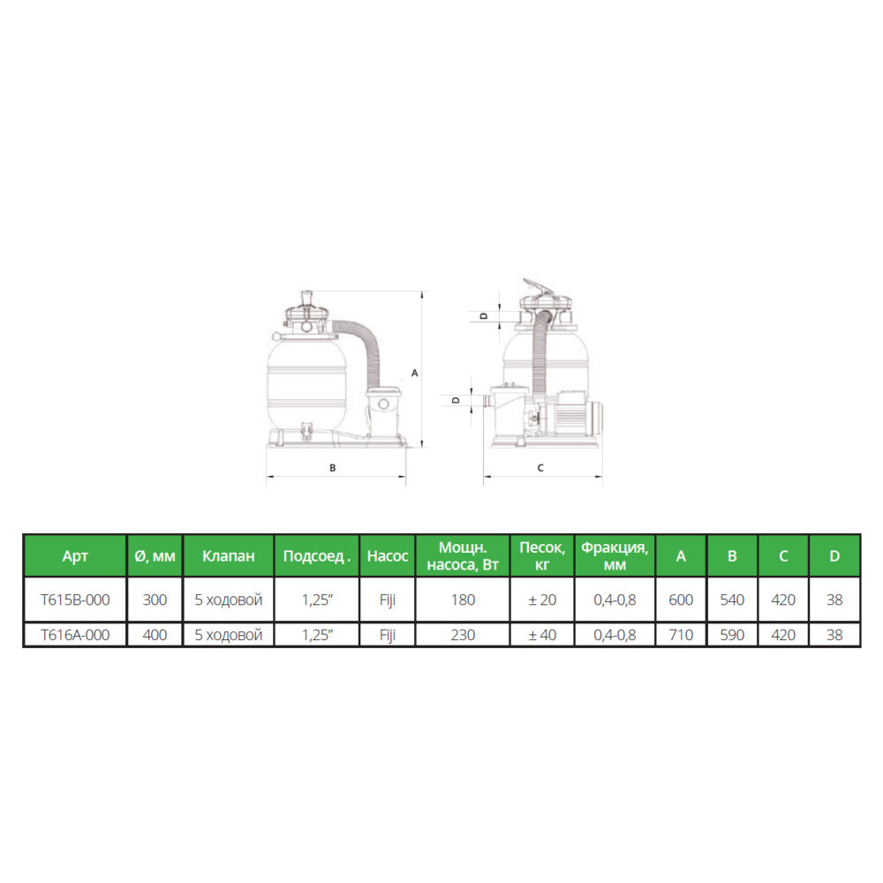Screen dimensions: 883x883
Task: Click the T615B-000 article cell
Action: pos(75,600)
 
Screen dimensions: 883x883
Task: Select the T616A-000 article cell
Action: pos(75,635)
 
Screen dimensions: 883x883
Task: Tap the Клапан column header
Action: pos(229,555)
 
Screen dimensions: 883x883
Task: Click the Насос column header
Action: pos(388,555)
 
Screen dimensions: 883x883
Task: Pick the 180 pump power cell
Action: pos(463,600)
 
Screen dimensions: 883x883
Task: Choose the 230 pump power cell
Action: pos(463,635)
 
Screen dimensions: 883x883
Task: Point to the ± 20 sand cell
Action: pos(542,600)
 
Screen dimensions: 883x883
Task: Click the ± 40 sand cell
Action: pos(542,635)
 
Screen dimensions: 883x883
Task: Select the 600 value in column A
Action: pos(681,600)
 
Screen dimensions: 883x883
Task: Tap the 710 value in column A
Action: pos(681,635)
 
